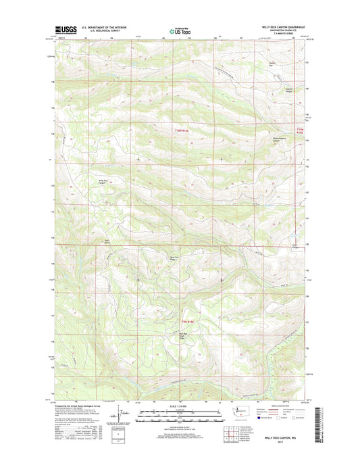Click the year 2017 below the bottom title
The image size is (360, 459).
(280, 445)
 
